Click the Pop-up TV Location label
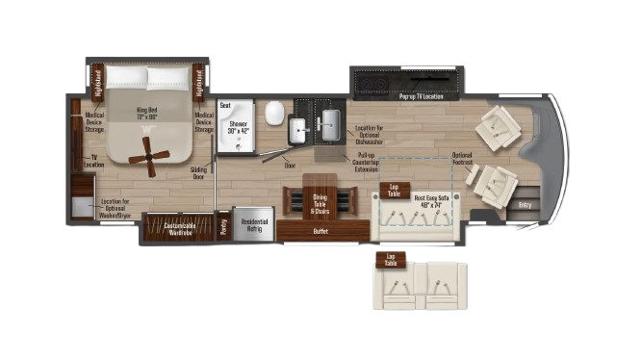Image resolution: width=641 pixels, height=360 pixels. coord(422,96)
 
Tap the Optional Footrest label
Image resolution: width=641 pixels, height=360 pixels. coord(462,159)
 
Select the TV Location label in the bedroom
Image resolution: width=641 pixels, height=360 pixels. coord(94,160)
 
